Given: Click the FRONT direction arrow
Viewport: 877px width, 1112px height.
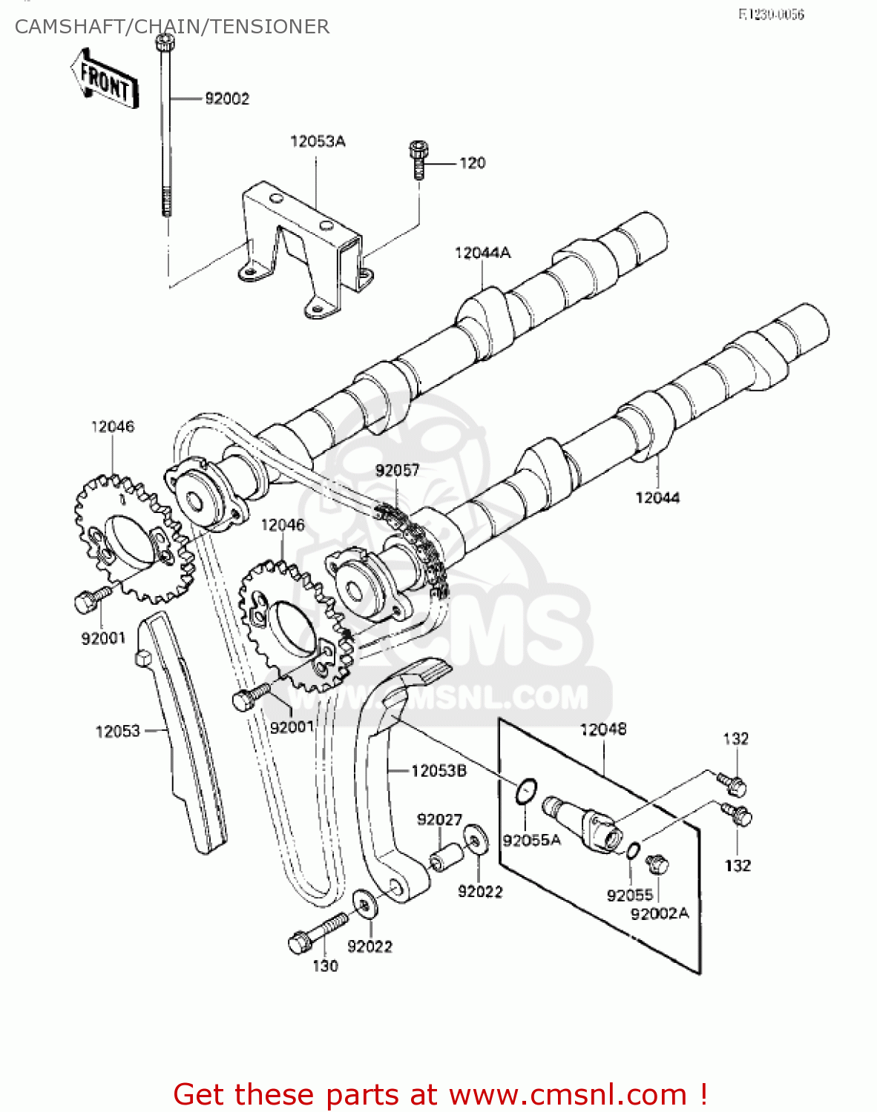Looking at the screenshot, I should (x=104, y=80).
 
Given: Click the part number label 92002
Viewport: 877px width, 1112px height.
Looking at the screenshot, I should (x=227, y=99).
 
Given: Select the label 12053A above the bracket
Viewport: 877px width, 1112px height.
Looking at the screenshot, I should (x=318, y=141).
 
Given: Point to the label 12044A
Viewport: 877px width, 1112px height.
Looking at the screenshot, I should (x=482, y=253).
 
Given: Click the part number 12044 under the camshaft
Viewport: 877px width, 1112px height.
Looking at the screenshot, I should (x=657, y=497).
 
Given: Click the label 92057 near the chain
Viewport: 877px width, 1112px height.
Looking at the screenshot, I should (x=397, y=470).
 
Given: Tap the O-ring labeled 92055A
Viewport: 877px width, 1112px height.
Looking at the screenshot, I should (x=526, y=791).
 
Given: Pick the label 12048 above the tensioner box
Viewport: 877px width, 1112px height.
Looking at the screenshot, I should (x=602, y=729).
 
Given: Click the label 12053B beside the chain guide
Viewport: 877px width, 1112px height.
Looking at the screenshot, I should (x=438, y=771).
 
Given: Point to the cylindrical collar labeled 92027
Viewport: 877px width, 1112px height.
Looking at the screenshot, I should (x=447, y=858).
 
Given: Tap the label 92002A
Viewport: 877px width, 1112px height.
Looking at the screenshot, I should (x=659, y=913).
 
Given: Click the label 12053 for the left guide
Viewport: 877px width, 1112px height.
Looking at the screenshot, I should (x=117, y=731).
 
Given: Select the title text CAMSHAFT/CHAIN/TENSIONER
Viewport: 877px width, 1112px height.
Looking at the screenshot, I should (x=171, y=27).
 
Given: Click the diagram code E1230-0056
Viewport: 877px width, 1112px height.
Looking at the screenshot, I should (x=771, y=14).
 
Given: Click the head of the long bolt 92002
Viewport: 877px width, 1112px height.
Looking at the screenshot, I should (x=165, y=44).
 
